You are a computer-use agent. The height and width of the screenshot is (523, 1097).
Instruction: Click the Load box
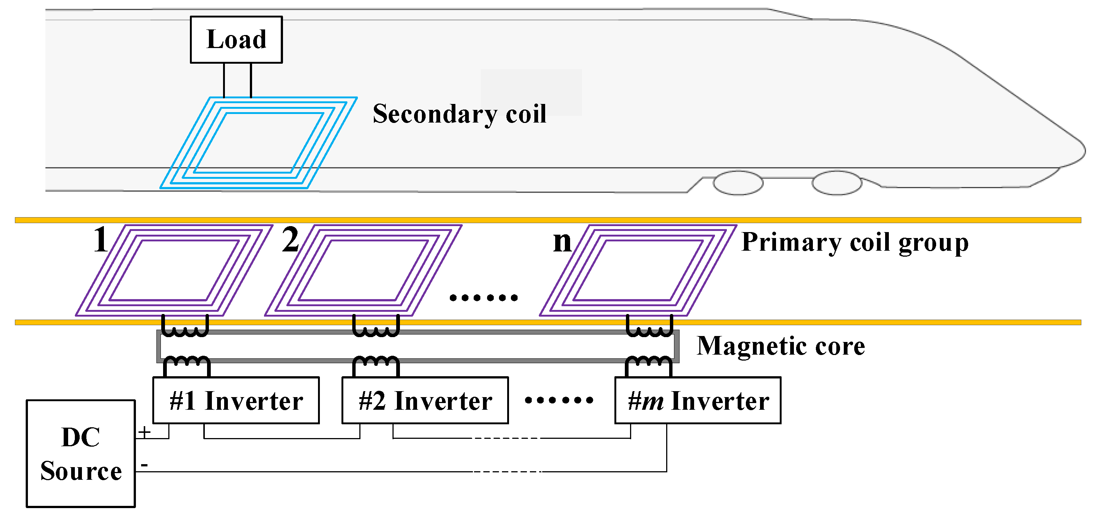click(x=236, y=39)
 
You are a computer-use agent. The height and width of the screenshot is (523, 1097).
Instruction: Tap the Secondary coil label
click(x=459, y=114)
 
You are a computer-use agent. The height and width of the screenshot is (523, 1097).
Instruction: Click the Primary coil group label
click(x=855, y=243)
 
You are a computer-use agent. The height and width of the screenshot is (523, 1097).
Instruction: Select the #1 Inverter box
click(x=236, y=400)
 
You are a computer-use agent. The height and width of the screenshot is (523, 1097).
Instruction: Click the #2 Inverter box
click(x=425, y=400)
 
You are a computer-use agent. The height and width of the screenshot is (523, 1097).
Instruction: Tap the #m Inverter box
click(x=697, y=400)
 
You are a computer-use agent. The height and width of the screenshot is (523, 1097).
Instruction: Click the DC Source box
click(x=80, y=454)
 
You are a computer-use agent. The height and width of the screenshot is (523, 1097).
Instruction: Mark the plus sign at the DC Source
click(x=144, y=432)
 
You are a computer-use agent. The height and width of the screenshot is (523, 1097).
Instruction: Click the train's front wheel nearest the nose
click(x=837, y=183)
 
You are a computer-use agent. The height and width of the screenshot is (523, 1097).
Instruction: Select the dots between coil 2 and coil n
click(x=483, y=298)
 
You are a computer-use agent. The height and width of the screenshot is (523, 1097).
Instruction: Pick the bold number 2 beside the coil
click(x=290, y=240)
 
